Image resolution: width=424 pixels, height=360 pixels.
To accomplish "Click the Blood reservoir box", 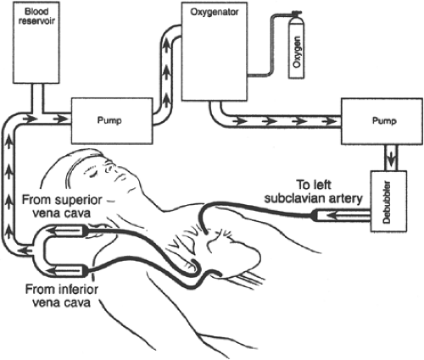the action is click(x=36, y=42).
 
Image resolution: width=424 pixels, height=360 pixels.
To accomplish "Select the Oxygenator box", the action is click(x=215, y=52).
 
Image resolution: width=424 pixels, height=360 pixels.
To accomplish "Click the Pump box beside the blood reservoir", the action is click(x=112, y=121).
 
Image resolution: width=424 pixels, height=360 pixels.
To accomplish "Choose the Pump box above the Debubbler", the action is click(x=382, y=121).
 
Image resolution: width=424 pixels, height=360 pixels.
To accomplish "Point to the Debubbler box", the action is click(x=388, y=202).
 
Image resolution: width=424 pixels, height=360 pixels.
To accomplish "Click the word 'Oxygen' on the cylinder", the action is click(x=297, y=52).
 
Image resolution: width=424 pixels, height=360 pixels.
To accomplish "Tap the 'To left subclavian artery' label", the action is click(x=313, y=191).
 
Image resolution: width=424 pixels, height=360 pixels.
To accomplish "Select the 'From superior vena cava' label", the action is click(x=62, y=207).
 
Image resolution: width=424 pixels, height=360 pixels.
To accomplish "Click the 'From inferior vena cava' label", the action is click(x=62, y=296).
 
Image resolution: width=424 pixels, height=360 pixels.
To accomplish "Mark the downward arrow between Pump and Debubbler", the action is click(x=392, y=160).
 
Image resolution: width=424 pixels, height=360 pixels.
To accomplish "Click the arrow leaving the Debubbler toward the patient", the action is click(x=349, y=216).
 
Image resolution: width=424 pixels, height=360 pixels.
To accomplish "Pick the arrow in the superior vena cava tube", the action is click(x=66, y=230).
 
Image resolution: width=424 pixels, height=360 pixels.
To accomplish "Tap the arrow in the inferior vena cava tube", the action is click(x=66, y=270).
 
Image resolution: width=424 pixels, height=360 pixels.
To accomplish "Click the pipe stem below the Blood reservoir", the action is click(x=37, y=98).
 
